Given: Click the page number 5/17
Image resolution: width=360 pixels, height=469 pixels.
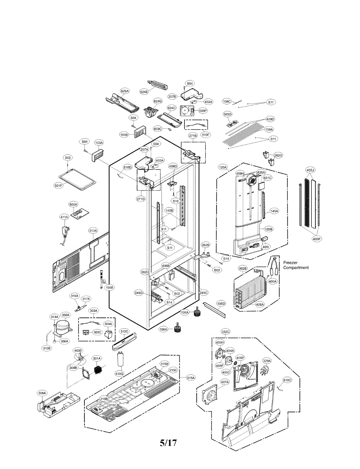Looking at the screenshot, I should tap(168, 443).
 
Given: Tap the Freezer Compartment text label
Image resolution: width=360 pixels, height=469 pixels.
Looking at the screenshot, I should tap(296, 265).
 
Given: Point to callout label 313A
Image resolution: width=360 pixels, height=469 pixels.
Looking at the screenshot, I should tap(93, 231).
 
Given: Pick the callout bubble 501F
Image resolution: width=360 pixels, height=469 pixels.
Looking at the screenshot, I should tap(58, 186).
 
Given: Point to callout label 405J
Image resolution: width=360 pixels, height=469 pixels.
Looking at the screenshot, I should tap(310, 170).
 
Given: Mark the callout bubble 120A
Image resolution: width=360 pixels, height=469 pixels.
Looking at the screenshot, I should tap(223, 167).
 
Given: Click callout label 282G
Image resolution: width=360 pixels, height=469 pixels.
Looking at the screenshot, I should tap(278, 156).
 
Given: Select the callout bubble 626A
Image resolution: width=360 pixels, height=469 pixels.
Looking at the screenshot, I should tap(124, 91).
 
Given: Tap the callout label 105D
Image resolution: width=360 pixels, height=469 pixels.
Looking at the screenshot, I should tap(221, 303).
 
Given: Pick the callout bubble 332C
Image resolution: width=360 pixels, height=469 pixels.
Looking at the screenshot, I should tap(226, 331).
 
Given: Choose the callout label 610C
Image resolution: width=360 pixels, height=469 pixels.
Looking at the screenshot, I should tap(287, 380).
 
